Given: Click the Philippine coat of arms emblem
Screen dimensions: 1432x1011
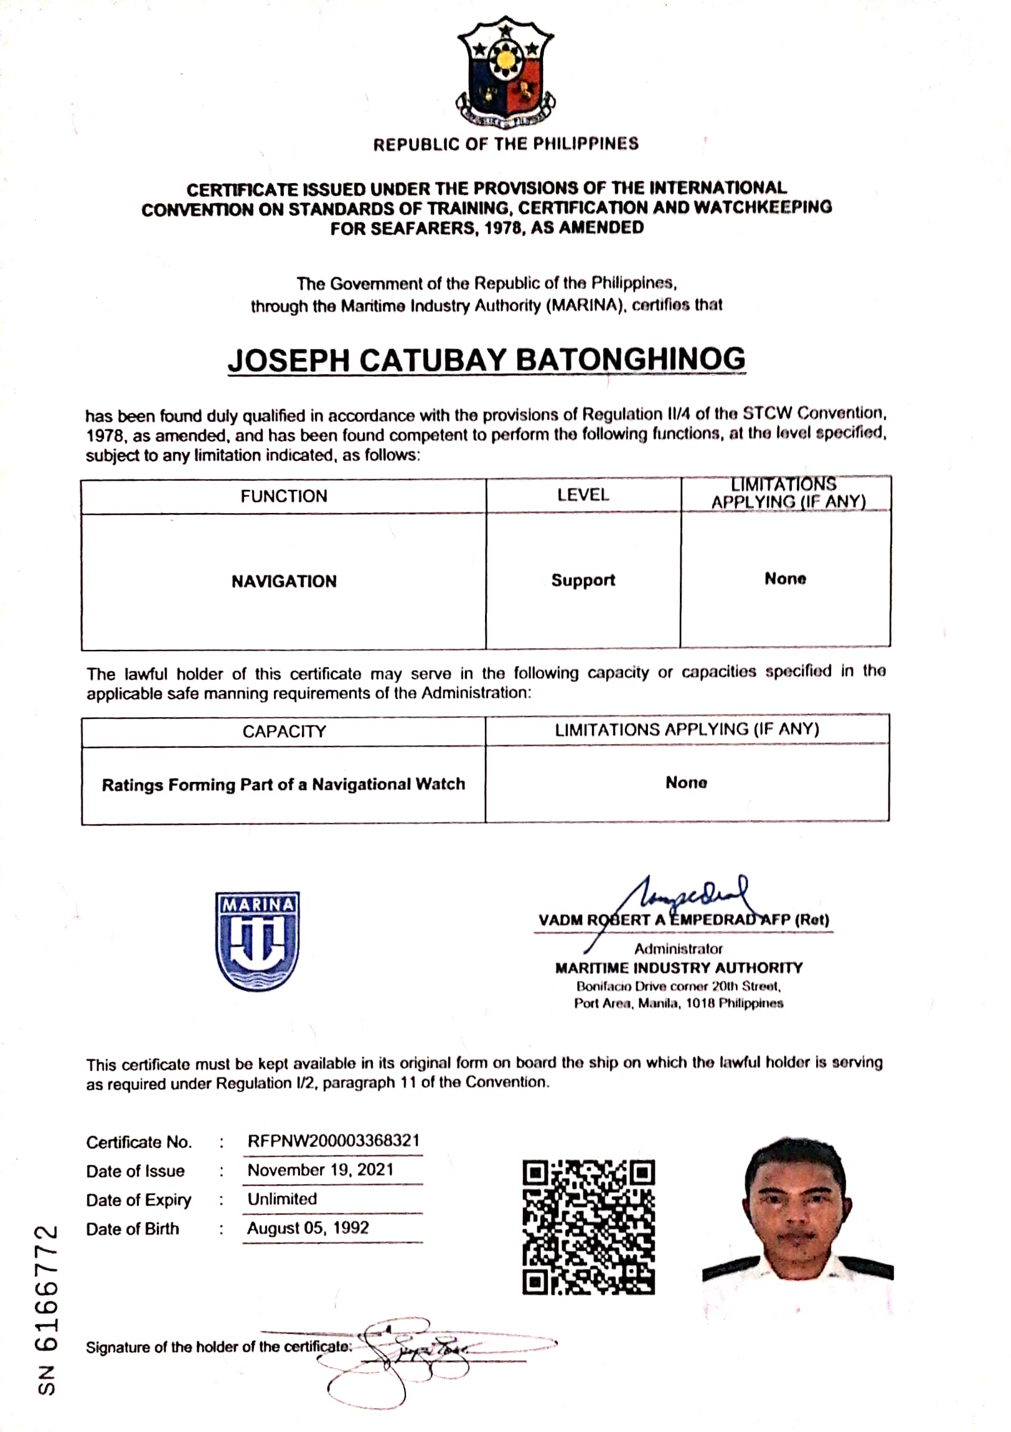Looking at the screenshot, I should (x=506, y=71).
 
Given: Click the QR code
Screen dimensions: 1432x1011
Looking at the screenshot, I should (x=588, y=1226).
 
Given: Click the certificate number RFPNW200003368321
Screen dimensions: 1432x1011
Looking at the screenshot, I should (x=333, y=1141).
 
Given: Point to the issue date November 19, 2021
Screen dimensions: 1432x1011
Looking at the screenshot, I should (x=320, y=1169).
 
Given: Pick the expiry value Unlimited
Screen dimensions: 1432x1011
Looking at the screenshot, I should (x=282, y=1199).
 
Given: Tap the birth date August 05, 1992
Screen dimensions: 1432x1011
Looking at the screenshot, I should (x=308, y=1227).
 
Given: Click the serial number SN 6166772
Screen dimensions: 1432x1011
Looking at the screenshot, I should (x=47, y=1311).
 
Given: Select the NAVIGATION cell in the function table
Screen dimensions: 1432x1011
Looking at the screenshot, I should (x=284, y=582).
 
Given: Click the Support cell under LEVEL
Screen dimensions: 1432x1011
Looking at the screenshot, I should (x=583, y=580).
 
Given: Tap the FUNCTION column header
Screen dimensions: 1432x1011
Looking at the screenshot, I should (x=284, y=496).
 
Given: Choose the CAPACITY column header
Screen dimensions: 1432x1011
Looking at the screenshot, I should (x=284, y=731).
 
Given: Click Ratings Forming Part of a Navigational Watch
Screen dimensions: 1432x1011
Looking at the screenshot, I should (x=284, y=784).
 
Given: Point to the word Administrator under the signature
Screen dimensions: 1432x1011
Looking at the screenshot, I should (x=678, y=949).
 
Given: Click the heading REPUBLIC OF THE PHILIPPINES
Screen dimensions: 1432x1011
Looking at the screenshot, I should (x=506, y=144).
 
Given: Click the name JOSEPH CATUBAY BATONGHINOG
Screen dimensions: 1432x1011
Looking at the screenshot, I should (x=486, y=360).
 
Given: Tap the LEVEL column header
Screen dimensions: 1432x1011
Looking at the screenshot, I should (x=583, y=495).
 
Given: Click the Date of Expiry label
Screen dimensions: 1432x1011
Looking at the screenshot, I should (x=138, y=1200).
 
